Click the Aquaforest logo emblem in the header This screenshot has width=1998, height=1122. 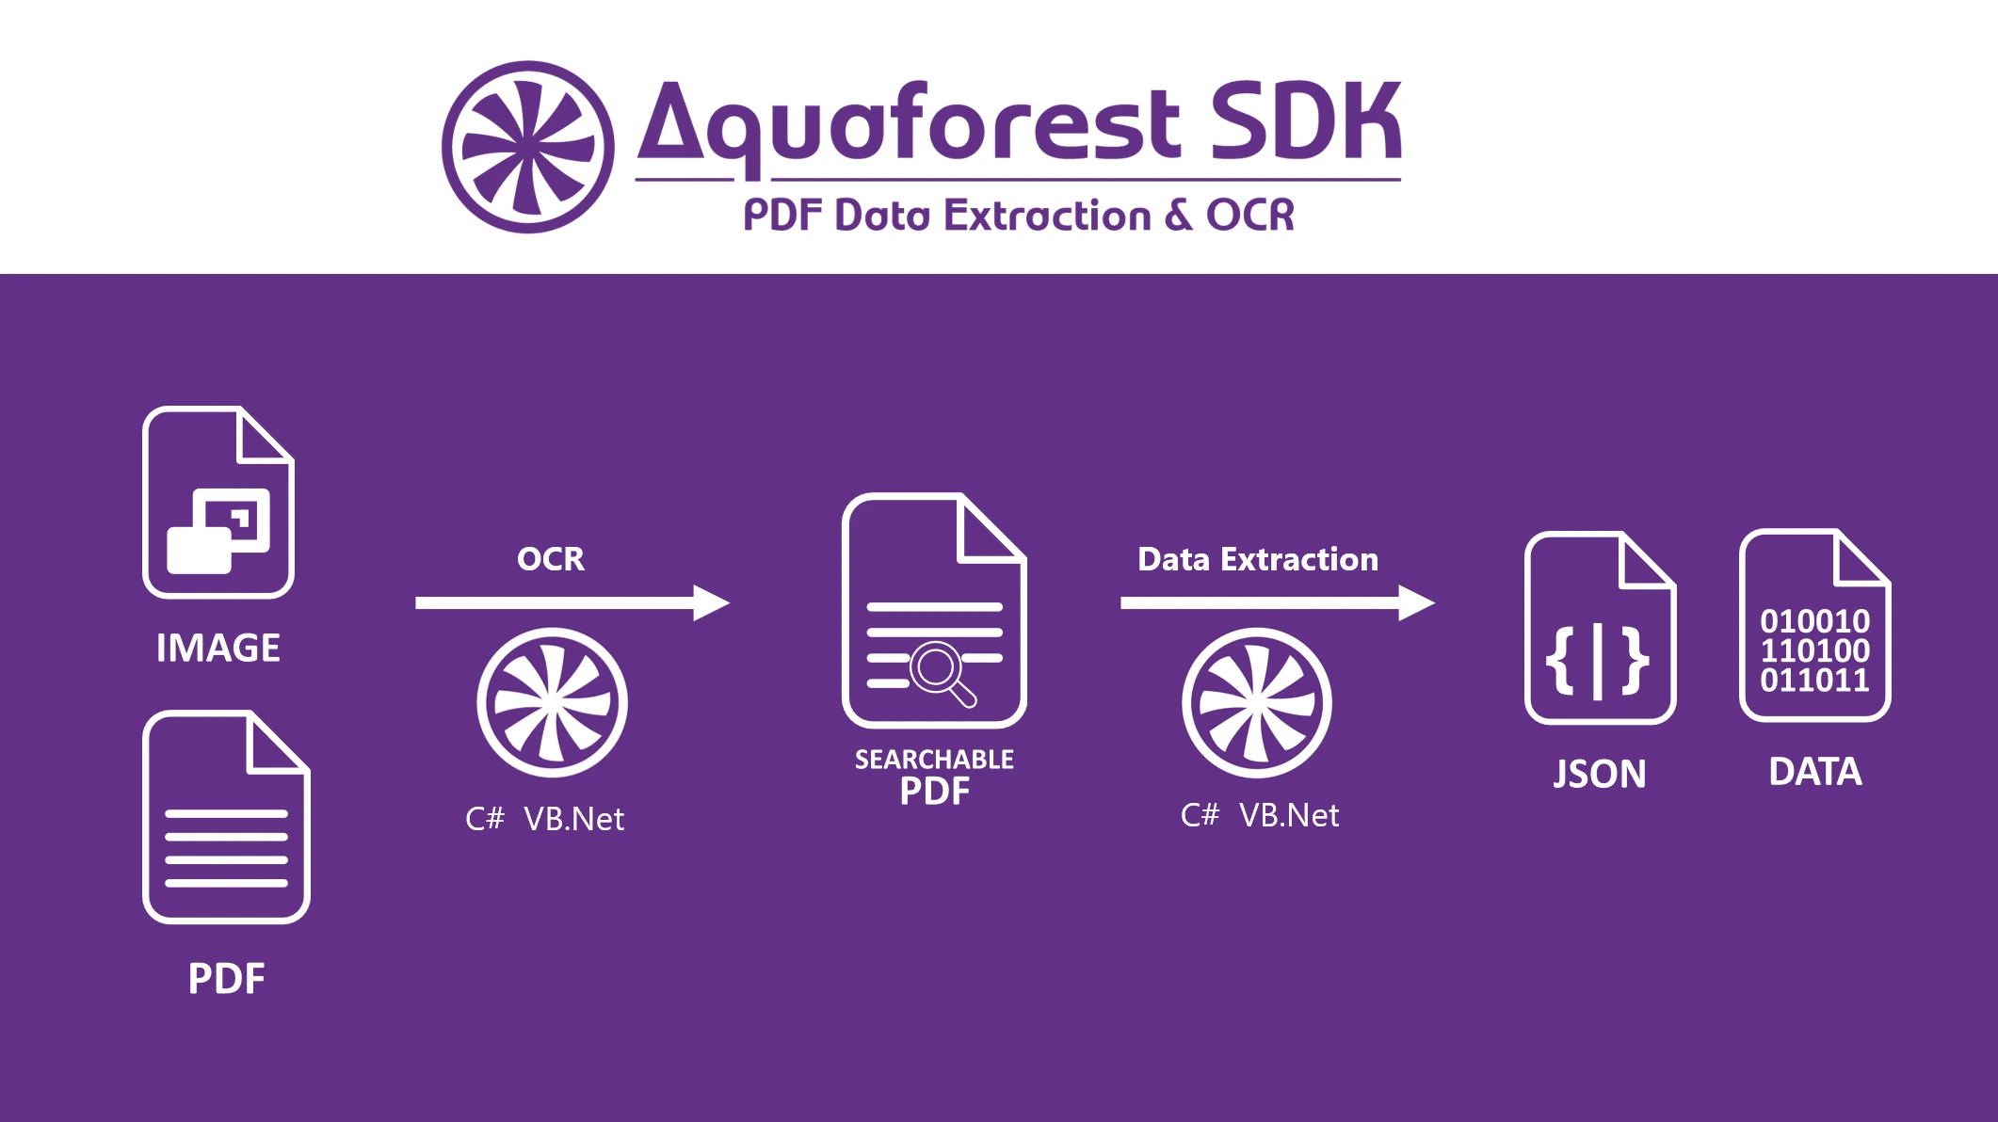pos(528,147)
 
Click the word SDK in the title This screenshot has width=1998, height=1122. pos(1306,120)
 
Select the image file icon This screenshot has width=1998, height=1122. pos(218,502)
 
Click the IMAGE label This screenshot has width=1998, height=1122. pos(218,648)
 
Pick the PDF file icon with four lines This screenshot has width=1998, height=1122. pos(226,817)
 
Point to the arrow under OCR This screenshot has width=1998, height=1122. pos(572,602)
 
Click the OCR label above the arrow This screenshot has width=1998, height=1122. pos(551,559)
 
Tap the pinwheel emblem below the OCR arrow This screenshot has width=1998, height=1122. pos(552,702)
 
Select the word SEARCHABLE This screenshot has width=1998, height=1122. pos(934,759)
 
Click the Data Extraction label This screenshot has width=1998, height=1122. pos(1258,559)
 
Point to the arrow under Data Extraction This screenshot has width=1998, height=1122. pos(1278,602)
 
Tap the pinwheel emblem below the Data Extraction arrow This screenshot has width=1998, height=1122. pos(1257,702)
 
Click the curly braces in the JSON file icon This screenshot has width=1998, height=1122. pos(1598,662)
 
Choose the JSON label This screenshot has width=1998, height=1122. pos(1600,774)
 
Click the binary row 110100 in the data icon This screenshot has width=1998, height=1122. pos(1815,650)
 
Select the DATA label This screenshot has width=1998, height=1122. pos(1815,772)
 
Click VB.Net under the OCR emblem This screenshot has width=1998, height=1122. pos(573,819)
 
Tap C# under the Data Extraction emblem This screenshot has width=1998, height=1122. pos(1200,815)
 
